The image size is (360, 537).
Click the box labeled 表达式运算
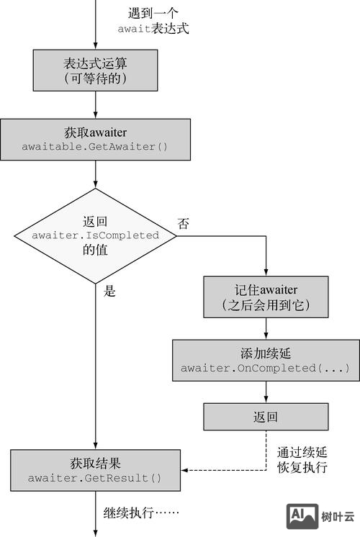point(95,71)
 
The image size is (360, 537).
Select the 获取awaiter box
point(95,139)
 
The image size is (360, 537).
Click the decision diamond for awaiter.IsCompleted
point(95,235)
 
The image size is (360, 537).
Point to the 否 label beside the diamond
point(184,224)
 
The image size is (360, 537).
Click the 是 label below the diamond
point(110,292)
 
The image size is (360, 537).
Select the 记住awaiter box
point(266,297)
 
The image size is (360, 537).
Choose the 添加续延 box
point(266,361)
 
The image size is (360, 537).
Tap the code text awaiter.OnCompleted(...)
point(266,369)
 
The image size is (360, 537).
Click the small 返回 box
point(266,417)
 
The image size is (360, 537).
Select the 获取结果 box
point(95,469)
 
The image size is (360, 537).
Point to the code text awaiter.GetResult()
point(95,478)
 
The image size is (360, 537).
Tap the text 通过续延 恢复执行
point(302,460)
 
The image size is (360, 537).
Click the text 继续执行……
point(140,513)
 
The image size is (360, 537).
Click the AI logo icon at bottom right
point(304,515)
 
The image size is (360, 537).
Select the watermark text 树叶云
point(338,516)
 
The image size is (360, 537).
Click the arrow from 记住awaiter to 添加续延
point(266,328)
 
